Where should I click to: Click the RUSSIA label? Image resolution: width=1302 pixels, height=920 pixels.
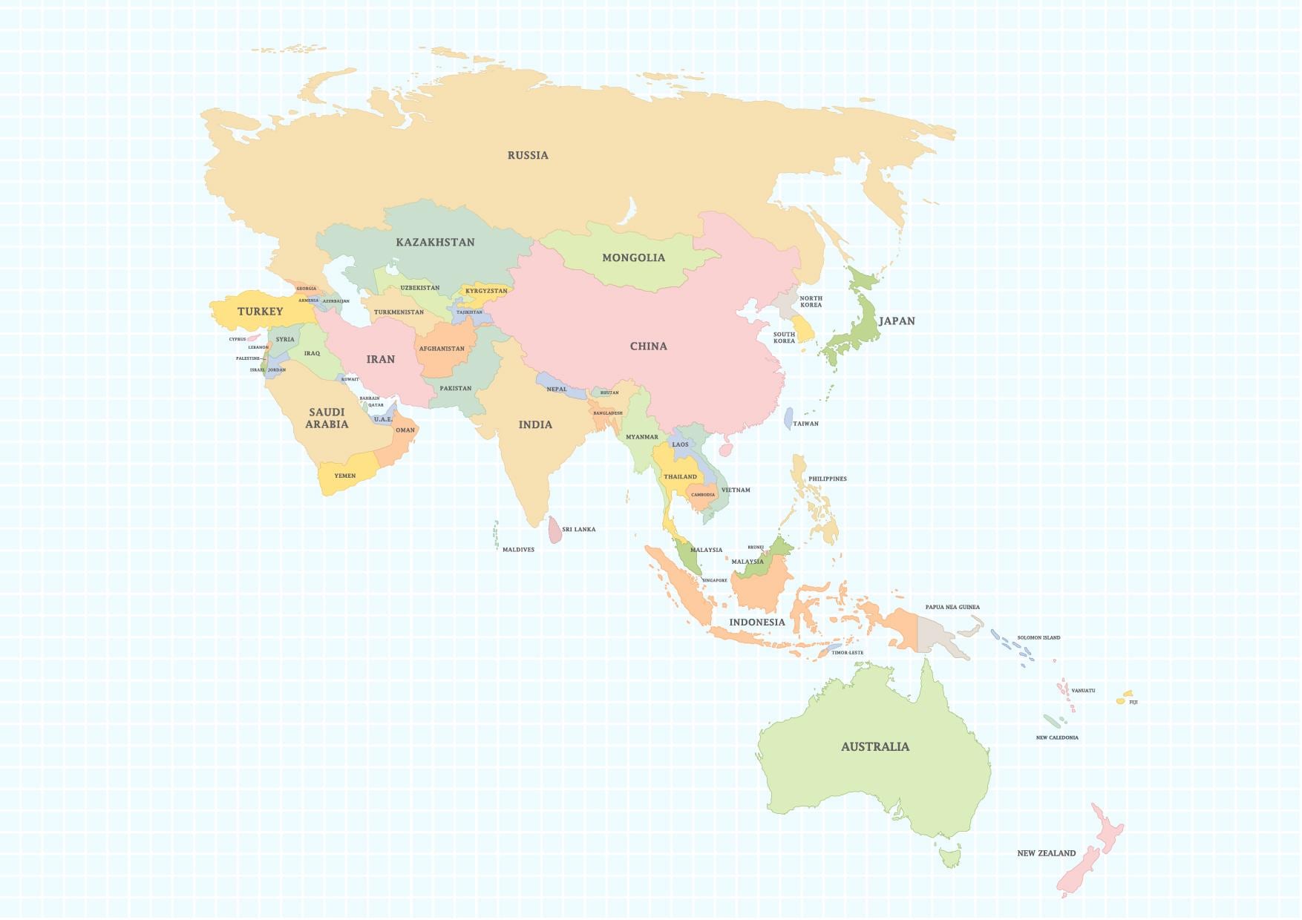[528, 155]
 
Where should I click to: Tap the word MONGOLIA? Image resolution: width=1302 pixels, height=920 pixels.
[633, 257]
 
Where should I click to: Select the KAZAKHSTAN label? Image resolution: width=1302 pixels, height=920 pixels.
[435, 242]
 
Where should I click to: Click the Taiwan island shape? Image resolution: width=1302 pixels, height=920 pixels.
[788, 418]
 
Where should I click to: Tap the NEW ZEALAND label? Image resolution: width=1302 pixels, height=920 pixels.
[1046, 853]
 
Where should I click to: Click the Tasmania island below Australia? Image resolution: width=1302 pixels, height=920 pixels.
[949, 858]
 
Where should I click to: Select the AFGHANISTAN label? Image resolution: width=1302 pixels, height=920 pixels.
[442, 349]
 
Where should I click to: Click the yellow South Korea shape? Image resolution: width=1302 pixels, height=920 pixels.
[804, 327]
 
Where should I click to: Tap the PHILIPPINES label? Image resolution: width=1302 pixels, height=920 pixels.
[827, 479]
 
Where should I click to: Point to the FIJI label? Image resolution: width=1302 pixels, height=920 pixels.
[1133, 702]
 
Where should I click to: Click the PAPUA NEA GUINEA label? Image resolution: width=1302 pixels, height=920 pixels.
[952, 607]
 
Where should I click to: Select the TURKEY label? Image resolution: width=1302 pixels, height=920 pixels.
[260, 312]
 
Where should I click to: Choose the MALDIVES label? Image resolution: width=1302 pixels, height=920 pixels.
[518, 550]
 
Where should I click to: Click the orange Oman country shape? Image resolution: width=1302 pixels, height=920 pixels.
[404, 438]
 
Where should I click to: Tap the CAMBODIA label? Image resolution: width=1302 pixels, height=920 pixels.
[702, 495]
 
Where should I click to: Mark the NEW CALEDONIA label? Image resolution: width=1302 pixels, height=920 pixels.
[1057, 737]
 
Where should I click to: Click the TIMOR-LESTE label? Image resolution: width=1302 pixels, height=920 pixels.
[847, 653]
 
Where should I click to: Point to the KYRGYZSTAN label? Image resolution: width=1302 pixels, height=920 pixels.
[486, 291]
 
